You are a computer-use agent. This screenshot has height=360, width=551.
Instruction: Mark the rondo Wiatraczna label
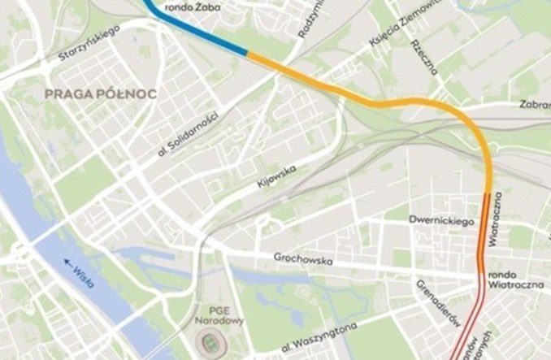pyautogui.click(x=514, y=281)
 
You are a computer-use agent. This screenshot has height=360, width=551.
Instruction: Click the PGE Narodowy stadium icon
pyautogui.click(x=215, y=341)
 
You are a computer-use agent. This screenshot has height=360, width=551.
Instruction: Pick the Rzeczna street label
pyautogui.click(x=424, y=54)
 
